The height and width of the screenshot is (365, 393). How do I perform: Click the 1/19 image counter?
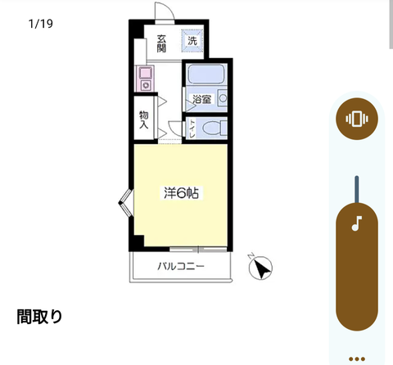coord(41,24)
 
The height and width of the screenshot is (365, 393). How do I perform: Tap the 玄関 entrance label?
coord(161,43)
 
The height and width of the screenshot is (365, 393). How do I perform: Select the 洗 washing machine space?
coord(192,41)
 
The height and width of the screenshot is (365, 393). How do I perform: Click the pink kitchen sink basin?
coord(145,73)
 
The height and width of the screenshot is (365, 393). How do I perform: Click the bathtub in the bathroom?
coord(206,74)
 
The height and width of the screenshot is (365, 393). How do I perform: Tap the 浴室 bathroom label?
coord(202,99)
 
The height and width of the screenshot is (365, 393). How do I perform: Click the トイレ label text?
coord(192,128)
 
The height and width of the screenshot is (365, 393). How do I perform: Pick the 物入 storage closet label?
coord(144,119)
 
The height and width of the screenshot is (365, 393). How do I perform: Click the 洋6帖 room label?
coord(181,193)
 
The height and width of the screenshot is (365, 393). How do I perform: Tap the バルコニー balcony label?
coord(181,266)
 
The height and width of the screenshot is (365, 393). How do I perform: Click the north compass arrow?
coord(261,268)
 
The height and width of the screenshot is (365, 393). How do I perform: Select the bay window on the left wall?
coord(126,202)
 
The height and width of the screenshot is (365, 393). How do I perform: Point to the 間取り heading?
coord(39,317)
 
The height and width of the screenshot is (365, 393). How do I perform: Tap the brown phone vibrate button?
coord(357,119)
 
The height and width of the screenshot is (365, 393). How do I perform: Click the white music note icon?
coord(357,223)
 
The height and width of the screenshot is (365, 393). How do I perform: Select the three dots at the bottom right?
coord(357,359)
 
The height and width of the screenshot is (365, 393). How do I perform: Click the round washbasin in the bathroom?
coord(224,98)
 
